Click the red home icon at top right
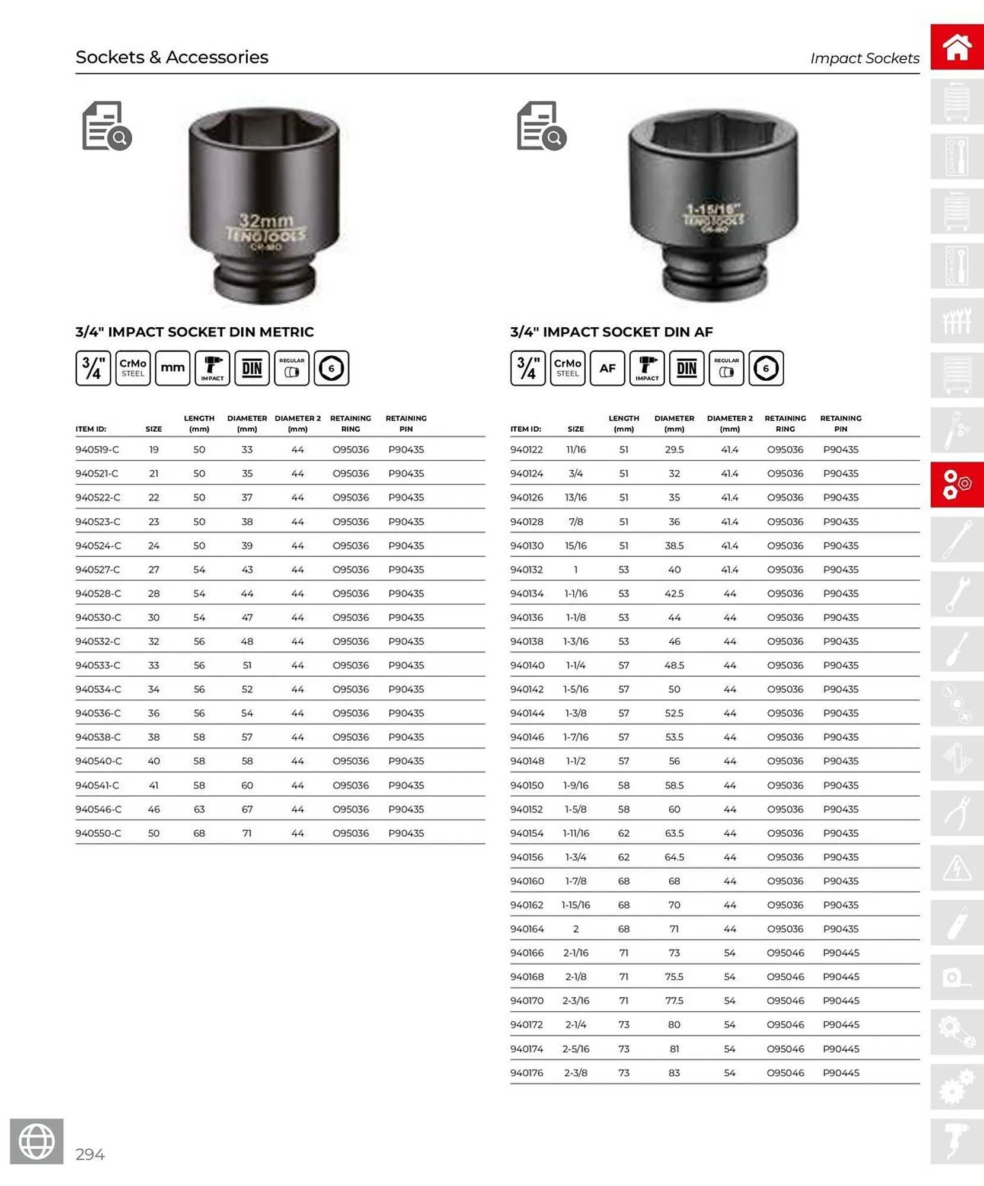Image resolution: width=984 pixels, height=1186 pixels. pos(956,47)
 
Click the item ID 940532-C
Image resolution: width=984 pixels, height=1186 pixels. pos(98,641)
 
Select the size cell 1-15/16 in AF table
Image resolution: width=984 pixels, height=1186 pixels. pos(576,905)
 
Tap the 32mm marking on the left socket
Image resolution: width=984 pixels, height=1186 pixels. pos(266,221)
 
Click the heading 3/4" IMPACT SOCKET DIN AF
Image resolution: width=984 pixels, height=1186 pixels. pos(611,331)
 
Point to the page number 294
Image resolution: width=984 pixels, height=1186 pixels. pos(90,1154)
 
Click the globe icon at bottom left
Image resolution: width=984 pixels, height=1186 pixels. pos(37,1141)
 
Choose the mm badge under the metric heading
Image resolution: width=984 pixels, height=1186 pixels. pos(172,368)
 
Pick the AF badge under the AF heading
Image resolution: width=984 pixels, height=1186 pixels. pos(607,368)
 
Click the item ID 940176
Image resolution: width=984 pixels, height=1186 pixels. pos(526,1073)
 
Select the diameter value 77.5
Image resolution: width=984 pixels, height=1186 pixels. pos(674,1000)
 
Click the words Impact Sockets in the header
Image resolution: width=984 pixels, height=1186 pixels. pos(864,58)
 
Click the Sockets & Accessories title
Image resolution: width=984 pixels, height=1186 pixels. pos(172,57)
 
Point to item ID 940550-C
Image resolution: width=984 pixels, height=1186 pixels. pos(98,833)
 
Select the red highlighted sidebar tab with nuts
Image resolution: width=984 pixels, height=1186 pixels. pos(956,484)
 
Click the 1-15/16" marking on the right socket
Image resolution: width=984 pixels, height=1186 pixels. pos(714,209)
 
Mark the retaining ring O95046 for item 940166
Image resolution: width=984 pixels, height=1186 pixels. pos(785,953)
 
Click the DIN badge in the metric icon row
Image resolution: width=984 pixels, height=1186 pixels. pos(252,368)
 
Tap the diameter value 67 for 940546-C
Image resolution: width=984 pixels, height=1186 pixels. pos(247,809)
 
